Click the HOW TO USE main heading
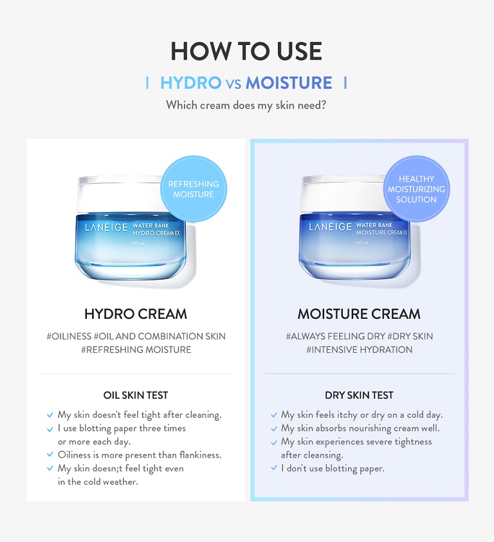pos(246,51)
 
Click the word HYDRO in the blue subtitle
pos(190,83)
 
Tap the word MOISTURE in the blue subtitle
pos(289,83)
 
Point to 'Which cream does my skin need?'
pos(246,105)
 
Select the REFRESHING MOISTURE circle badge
pos(194,189)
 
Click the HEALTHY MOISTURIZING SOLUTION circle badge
pos(417,189)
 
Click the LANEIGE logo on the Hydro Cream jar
pos(106,227)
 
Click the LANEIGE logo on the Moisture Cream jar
pos(330,227)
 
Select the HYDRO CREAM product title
pos(136,314)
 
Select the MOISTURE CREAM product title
pos(359,314)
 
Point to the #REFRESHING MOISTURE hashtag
pos(136,350)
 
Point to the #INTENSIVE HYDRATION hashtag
pos(360,350)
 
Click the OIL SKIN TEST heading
pos(136,395)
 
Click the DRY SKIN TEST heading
pos(359,395)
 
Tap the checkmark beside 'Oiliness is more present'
pos(50,455)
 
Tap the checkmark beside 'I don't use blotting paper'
pos(274,468)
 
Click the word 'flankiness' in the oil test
pos(201,455)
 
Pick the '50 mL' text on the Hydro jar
pos(139,243)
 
